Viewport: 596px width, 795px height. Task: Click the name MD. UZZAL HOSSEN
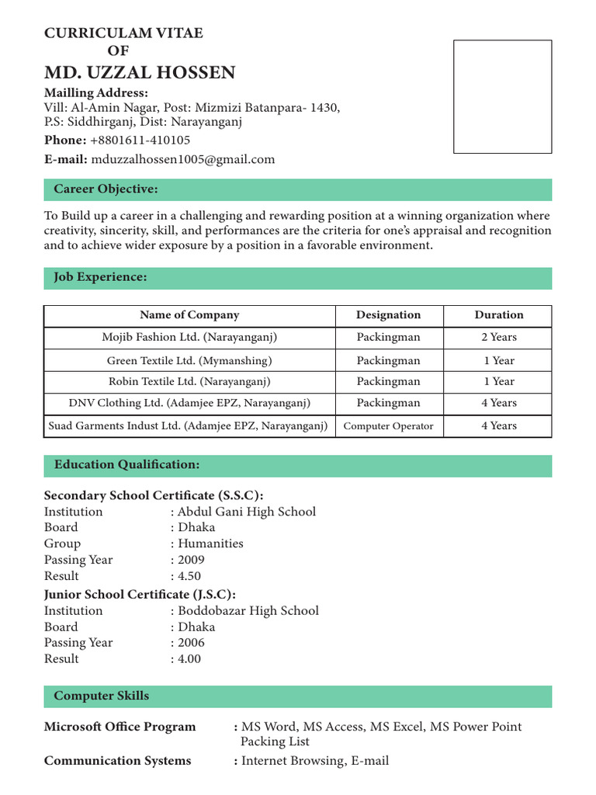coord(140,73)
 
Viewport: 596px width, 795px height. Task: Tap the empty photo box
coord(502,96)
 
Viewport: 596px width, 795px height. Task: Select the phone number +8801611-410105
coord(140,141)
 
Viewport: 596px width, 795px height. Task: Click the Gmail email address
coord(183,160)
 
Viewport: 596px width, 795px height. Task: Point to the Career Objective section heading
coord(106,189)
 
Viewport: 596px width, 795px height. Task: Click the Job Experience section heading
coord(100,278)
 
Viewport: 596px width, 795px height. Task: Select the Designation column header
coord(388,315)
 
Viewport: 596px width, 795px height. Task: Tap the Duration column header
coord(498,315)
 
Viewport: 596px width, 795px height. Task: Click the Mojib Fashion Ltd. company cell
coord(189,338)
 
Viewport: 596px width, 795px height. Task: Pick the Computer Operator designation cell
coord(388,426)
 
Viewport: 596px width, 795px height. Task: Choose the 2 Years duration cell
coord(498,338)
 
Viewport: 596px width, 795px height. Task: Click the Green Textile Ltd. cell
coord(189,361)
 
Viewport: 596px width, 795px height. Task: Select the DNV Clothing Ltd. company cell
coord(189,404)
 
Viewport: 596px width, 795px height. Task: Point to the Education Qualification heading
coord(126,465)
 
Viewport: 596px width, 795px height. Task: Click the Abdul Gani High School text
coord(247,512)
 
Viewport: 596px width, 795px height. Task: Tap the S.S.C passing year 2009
coord(192,560)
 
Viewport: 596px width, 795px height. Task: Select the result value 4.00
coord(189,659)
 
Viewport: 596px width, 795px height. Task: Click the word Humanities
coord(210,543)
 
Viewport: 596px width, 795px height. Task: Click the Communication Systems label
coord(117,761)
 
